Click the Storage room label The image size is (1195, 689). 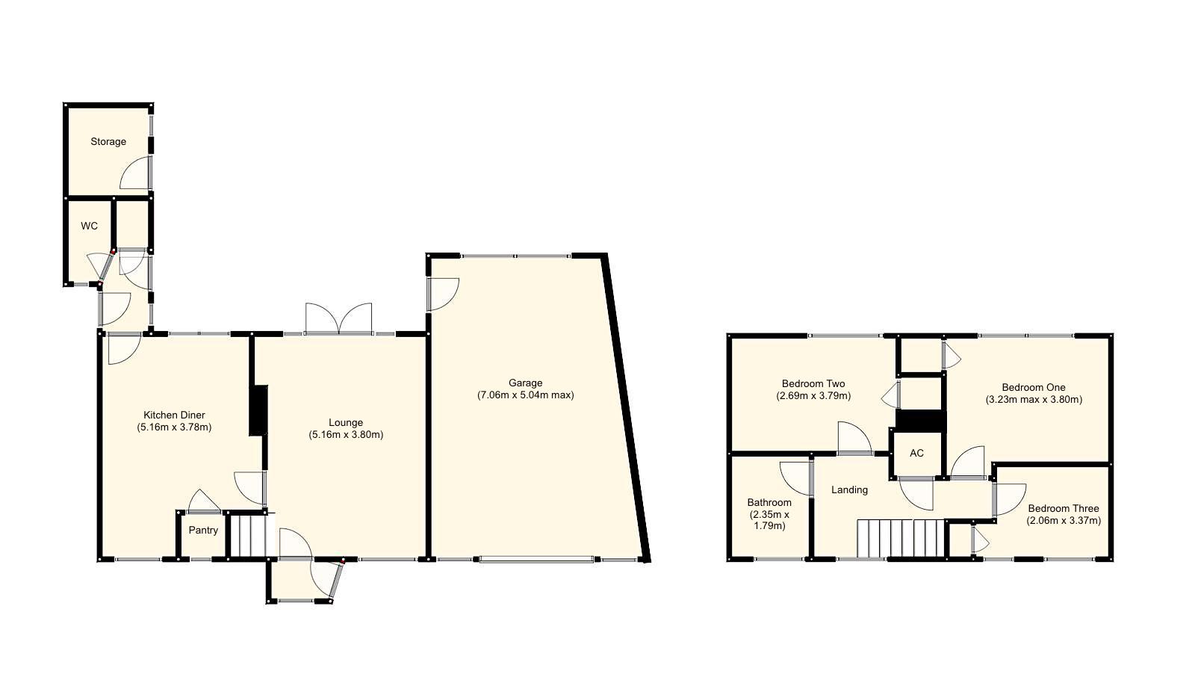(x=108, y=141)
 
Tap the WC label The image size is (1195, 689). (x=89, y=226)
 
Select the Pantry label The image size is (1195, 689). (x=203, y=531)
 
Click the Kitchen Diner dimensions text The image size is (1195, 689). (x=174, y=427)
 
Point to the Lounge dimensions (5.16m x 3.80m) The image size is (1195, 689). (x=346, y=434)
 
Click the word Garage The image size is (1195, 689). (x=526, y=383)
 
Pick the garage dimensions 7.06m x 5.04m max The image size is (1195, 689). (x=526, y=395)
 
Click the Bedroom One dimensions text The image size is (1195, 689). (x=1033, y=399)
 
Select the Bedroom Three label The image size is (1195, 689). (x=1063, y=509)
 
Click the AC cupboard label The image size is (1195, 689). (x=916, y=453)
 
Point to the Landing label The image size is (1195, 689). (x=850, y=490)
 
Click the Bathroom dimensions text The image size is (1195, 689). (x=769, y=520)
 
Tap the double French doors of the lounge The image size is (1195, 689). (x=338, y=319)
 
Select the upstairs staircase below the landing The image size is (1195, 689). (x=901, y=539)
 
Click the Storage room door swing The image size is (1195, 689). (x=136, y=173)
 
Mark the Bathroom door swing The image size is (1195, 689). (x=795, y=478)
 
